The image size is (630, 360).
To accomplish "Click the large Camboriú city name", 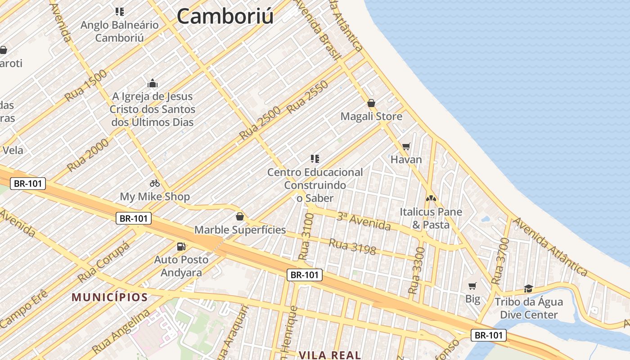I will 225,16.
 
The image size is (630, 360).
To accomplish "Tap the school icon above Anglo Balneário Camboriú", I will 119,11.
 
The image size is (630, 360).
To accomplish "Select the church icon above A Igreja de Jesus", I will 153,83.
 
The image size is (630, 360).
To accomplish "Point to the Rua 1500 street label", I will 86,85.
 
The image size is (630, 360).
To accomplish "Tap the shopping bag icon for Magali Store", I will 371,103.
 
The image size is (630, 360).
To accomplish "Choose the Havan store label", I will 406,159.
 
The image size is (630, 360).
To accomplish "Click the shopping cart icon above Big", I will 472,286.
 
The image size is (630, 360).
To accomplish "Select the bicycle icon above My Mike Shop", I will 155,183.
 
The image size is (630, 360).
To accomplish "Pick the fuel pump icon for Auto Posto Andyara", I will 181,246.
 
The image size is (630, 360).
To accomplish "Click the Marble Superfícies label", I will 240,229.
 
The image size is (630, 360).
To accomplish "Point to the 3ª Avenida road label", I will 364,221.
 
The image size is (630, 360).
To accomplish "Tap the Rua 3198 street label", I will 352,246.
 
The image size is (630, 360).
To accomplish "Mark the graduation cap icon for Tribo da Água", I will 528,288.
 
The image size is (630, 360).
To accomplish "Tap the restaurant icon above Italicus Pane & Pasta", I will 431,198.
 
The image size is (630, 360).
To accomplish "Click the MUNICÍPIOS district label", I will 110,297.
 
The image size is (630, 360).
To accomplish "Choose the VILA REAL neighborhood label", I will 330,355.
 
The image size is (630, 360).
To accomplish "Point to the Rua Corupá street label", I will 103,261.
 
